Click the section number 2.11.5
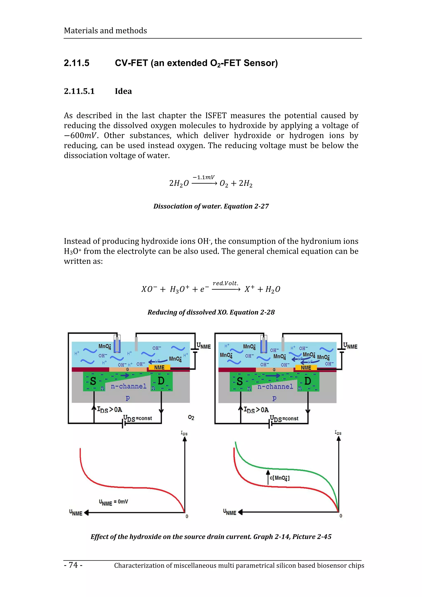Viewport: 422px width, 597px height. [76, 63]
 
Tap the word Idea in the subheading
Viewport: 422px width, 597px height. [123, 91]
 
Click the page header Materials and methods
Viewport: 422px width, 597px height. [105, 31]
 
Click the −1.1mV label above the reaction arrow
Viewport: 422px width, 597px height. [204, 177]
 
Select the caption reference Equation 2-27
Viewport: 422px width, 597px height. [246, 206]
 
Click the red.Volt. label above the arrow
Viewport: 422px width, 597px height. [225, 283]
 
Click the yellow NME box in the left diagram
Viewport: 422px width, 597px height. [159, 367]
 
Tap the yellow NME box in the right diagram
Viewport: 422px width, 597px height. [306, 368]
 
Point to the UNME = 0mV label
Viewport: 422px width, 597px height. [113, 502]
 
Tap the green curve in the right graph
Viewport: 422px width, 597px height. [286, 469]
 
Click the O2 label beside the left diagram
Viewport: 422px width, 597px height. [191, 418]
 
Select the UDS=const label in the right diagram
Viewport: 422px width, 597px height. [284, 419]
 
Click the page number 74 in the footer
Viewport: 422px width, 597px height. [73, 565]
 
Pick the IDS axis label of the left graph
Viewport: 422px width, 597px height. [184, 433]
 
